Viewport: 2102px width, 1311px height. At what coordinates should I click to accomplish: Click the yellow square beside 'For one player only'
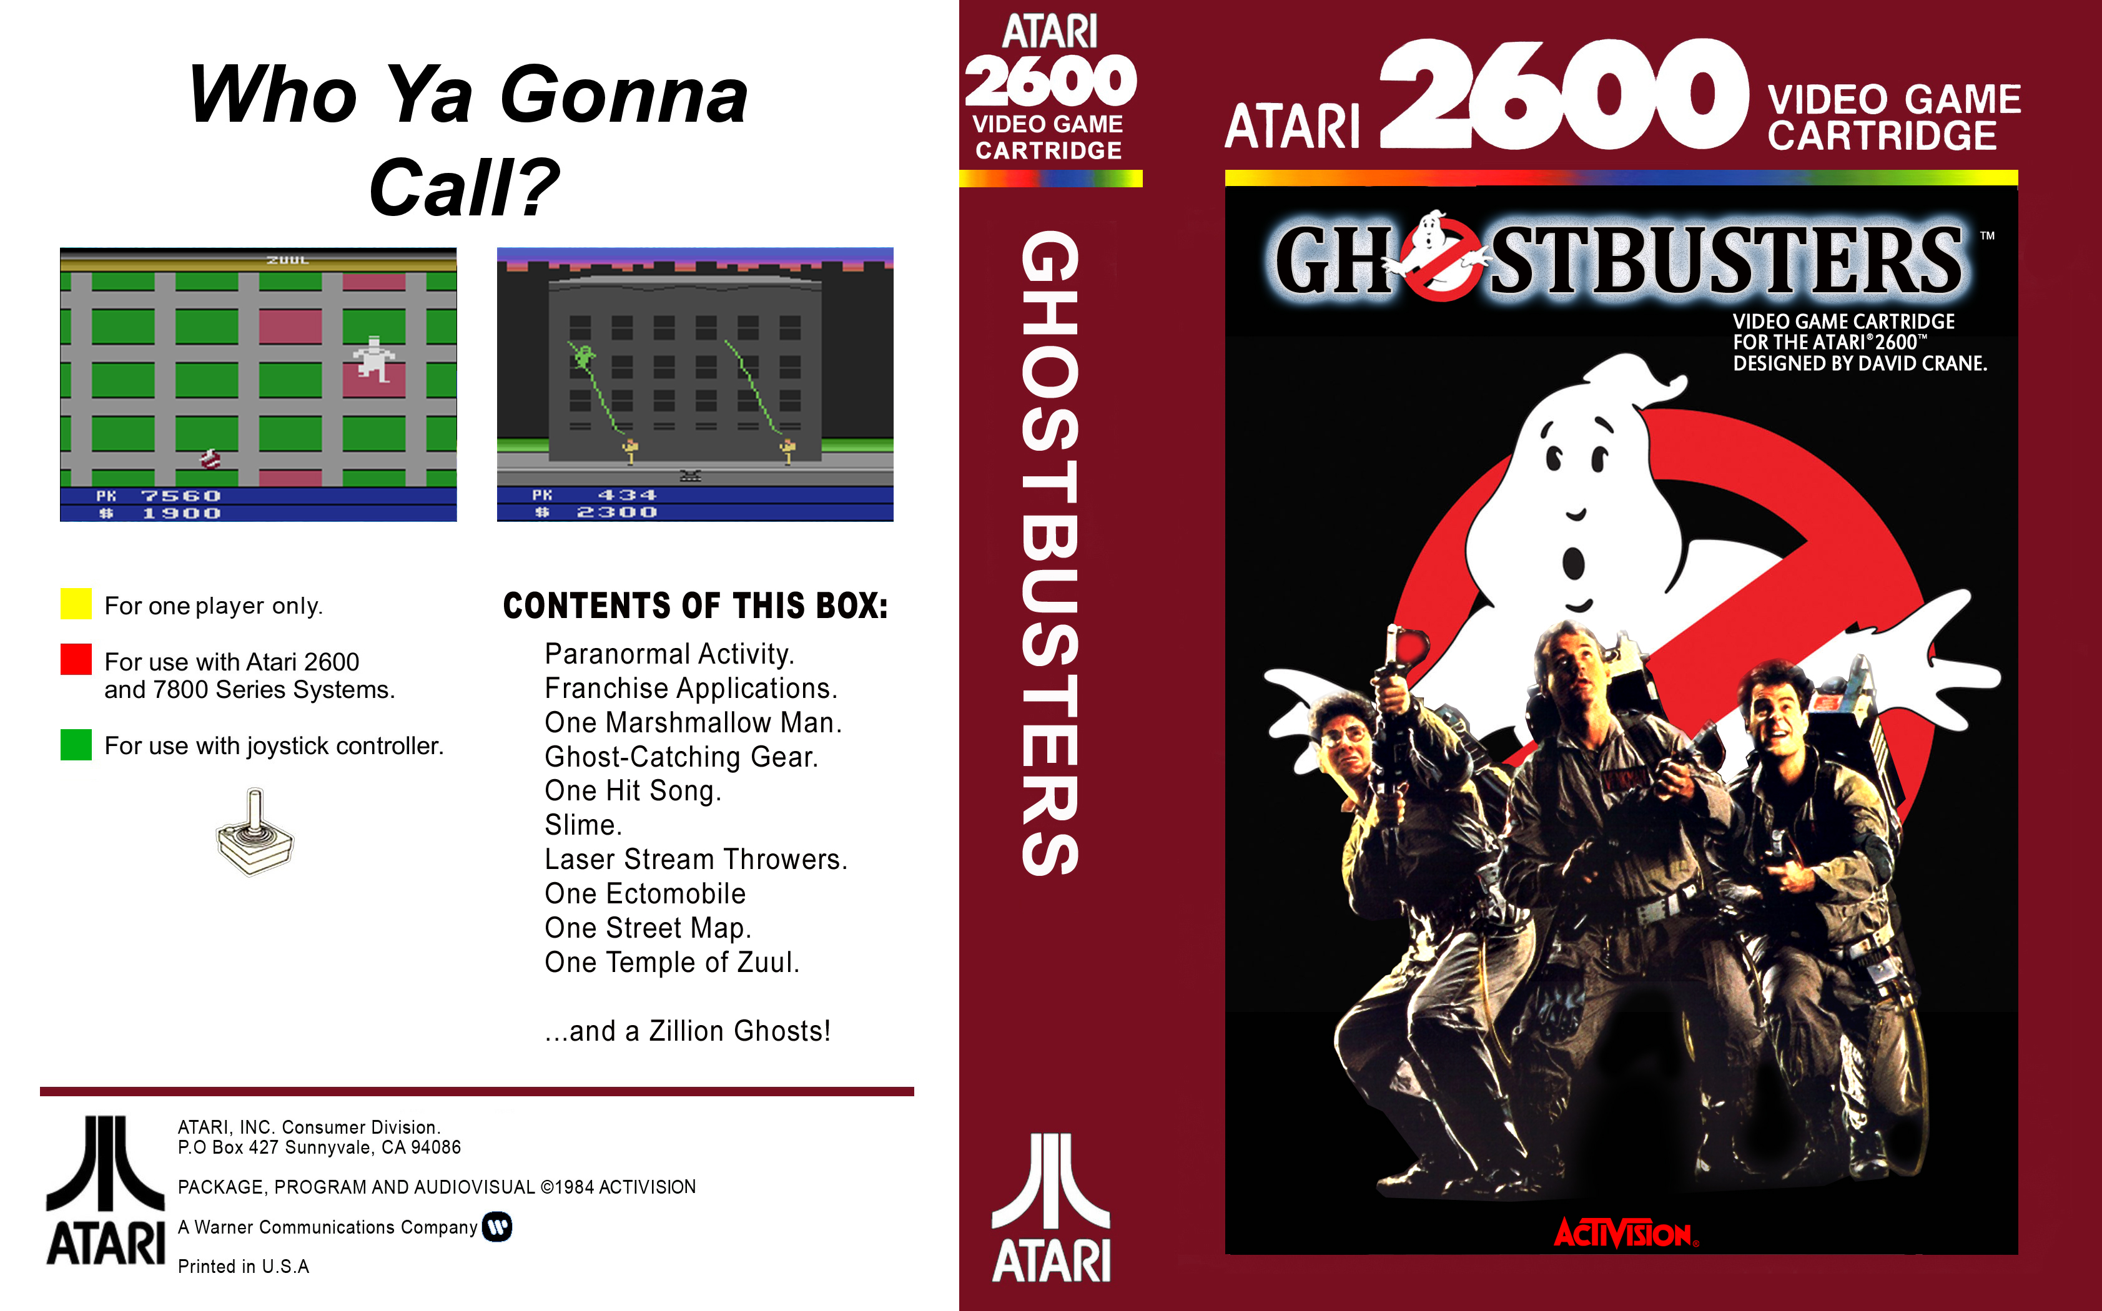[x=76, y=604]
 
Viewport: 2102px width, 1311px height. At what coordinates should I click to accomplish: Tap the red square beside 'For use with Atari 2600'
[x=76, y=659]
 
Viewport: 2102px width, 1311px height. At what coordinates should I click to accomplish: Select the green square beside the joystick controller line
[x=76, y=745]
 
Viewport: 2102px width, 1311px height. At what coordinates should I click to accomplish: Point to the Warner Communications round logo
[x=498, y=1227]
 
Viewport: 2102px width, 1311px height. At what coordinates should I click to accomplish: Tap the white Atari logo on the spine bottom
[x=1051, y=1208]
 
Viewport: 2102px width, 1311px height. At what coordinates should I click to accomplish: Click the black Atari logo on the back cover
[x=105, y=1190]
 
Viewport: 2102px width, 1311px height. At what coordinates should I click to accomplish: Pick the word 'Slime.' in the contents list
[x=583, y=825]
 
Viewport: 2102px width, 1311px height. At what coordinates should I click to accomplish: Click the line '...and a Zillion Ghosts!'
[x=688, y=1031]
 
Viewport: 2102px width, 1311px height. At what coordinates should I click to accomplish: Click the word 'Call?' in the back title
[x=464, y=187]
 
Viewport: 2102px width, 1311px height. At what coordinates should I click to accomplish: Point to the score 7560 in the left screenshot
[x=180, y=496]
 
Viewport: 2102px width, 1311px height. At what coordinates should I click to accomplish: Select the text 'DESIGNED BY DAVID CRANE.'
[x=1860, y=363]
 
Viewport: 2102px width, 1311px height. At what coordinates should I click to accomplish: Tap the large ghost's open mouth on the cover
[x=1573, y=564]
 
